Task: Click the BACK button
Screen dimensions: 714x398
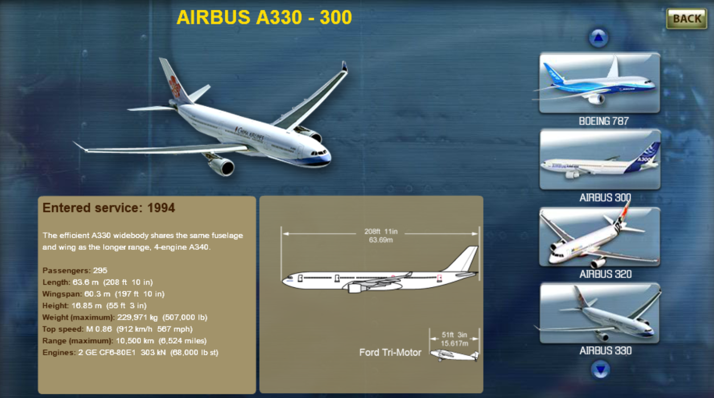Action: pyautogui.click(x=687, y=18)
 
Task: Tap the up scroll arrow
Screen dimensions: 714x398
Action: pyautogui.click(x=598, y=37)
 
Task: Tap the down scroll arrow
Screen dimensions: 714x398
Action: pyautogui.click(x=600, y=369)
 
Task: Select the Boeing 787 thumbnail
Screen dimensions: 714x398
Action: pyautogui.click(x=599, y=83)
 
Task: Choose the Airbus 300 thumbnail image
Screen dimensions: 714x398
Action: pyautogui.click(x=600, y=159)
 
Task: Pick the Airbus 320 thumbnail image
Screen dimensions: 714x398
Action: pyautogui.click(x=599, y=236)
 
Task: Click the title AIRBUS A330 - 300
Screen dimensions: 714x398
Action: pyautogui.click(x=264, y=17)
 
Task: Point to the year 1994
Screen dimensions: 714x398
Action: pyautogui.click(x=161, y=208)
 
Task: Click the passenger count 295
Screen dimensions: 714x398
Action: pyautogui.click(x=100, y=270)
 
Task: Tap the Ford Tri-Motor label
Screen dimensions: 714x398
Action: pyautogui.click(x=390, y=352)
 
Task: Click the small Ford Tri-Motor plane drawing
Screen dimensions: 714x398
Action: pyautogui.click(x=454, y=355)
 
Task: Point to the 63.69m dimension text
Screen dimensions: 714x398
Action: pyautogui.click(x=381, y=240)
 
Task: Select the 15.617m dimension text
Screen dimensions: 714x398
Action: pyautogui.click(x=454, y=344)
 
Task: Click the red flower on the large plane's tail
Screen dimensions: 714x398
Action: pyautogui.click(x=175, y=86)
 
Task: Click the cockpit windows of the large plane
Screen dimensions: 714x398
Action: pyautogui.click(x=319, y=153)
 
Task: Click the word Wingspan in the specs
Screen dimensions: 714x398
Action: pyautogui.click(x=62, y=294)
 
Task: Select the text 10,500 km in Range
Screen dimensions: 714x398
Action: pyautogui.click(x=135, y=341)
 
